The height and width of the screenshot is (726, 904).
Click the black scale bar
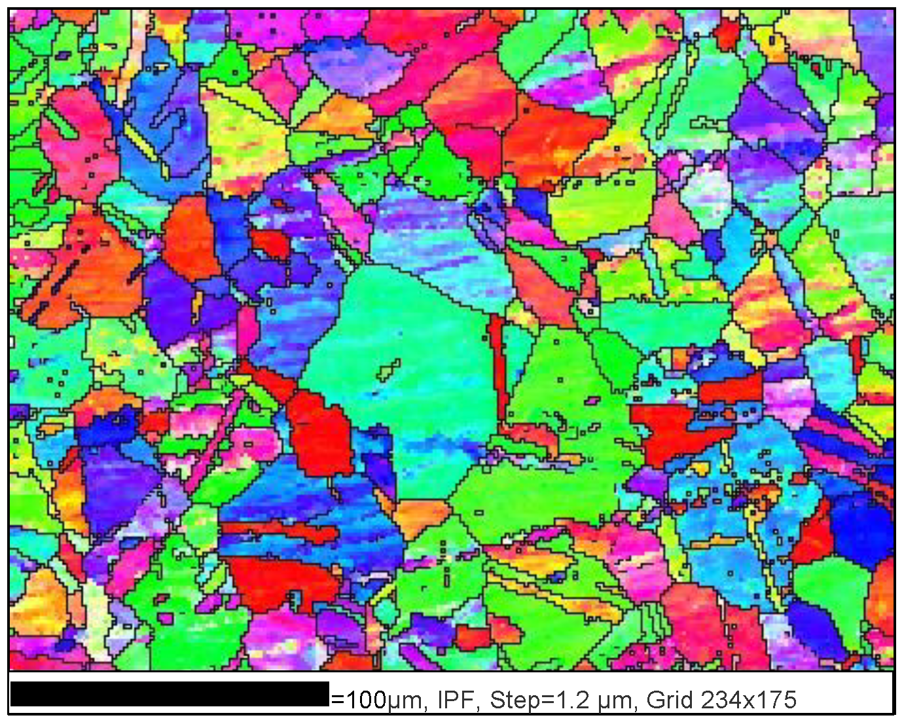169,694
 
